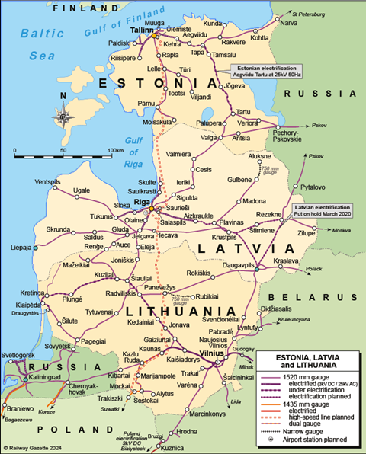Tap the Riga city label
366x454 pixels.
pos(142,202)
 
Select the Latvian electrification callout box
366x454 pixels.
pos(323,210)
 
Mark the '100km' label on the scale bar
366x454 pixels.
pos(115,150)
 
